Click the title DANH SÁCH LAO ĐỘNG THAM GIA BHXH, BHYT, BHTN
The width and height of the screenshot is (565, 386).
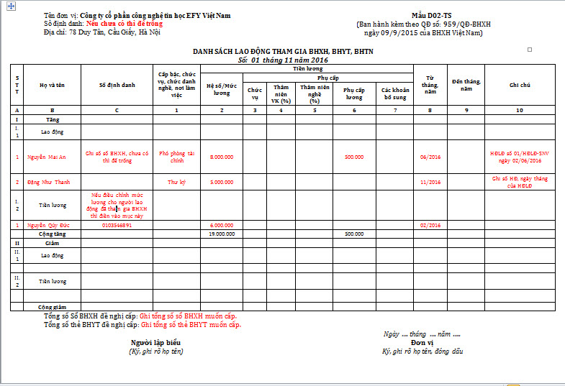283,52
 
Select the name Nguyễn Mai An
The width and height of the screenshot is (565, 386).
47,157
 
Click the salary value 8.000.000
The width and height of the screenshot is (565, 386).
221,157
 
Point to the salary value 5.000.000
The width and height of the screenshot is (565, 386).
221,182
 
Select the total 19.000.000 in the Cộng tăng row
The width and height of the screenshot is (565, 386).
221,234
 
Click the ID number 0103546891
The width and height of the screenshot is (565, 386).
117,225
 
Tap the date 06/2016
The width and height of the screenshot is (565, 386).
430,157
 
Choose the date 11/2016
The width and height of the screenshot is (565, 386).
430,182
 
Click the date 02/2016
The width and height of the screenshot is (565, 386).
430,225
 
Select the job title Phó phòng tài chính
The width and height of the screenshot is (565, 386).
176,157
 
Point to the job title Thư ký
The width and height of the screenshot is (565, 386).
176,182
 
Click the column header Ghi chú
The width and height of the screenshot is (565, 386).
520,85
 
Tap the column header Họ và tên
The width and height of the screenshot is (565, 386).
52,85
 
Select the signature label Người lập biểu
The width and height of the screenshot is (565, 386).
155,342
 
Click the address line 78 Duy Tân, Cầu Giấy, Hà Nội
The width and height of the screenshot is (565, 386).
102,32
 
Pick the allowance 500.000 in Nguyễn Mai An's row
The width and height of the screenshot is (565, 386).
353,157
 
